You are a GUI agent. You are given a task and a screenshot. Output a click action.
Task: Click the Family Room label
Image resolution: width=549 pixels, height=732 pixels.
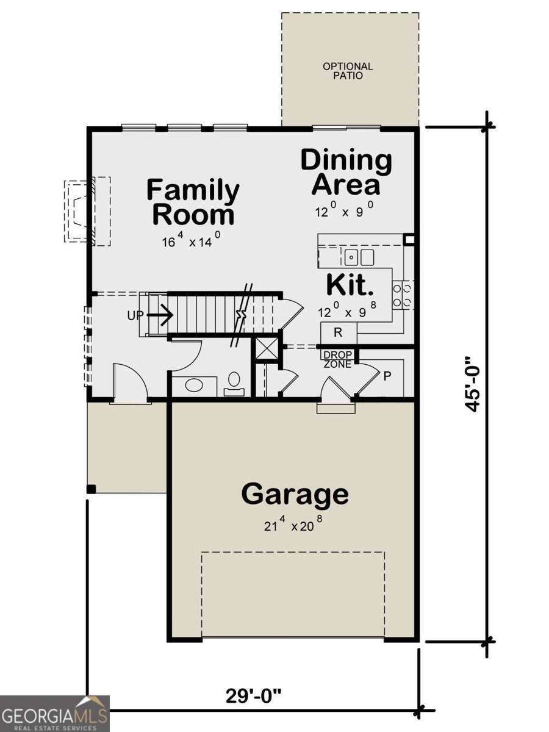tap(193, 203)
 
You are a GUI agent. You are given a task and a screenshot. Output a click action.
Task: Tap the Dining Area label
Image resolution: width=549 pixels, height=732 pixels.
tap(346, 172)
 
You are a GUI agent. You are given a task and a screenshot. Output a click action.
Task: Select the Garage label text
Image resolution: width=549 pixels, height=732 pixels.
tap(295, 494)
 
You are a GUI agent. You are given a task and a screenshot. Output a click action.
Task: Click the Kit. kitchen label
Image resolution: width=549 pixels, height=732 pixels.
tap(350, 285)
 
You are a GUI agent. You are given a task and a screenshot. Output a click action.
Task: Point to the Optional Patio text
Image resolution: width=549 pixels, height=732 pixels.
tap(348, 71)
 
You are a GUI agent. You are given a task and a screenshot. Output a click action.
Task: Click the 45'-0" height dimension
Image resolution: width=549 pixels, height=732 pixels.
tap(474, 384)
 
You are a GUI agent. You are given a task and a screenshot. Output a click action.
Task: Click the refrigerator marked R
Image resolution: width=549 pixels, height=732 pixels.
tap(337, 332)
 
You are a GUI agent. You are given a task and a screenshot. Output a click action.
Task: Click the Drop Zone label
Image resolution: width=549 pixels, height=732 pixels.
tap(337, 360)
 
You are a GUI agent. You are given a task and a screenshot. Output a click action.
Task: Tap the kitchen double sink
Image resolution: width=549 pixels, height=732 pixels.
tap(359, 257)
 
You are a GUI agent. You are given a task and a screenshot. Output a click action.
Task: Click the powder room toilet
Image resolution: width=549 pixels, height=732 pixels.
tap(233, 384)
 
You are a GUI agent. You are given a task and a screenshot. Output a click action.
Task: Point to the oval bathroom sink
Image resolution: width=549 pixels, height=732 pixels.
tap(195, 386)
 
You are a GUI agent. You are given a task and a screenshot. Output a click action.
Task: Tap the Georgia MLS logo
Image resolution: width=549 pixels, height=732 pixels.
tap(54, 713)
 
